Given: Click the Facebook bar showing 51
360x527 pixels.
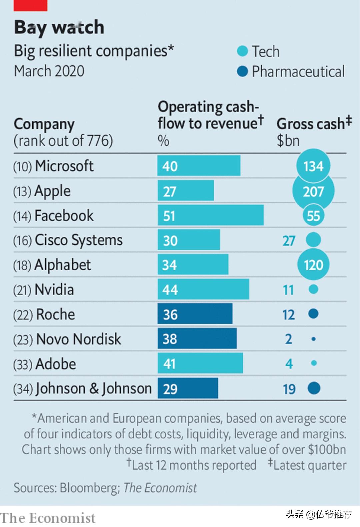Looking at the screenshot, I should [211, 215].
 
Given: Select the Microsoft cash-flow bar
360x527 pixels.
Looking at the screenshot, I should [199, 166].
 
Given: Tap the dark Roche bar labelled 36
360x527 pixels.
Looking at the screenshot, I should [195, 314].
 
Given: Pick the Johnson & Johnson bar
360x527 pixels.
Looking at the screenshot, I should [188, 388].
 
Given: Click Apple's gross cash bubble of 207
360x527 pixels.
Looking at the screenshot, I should [313, 191].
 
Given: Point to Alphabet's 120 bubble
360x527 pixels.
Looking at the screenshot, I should [313, 265].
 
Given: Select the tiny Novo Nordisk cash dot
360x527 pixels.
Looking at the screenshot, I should [313, 339].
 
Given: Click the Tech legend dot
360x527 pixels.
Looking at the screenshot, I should [242, 51].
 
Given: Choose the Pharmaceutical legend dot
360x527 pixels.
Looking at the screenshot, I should [242, 71].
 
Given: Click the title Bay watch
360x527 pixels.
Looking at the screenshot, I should [59, 27].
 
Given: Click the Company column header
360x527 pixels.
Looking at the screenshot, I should [44, 124].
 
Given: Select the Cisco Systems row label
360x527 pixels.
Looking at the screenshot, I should [79, 240].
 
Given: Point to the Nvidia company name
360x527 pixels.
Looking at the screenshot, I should [54, 289].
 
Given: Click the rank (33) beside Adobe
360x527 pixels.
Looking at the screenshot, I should [22, 364].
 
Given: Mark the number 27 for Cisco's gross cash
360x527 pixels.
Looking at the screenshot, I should [289, 241].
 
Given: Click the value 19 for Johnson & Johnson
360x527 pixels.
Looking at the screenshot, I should [289, 389].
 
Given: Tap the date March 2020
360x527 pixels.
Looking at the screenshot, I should [49, 71].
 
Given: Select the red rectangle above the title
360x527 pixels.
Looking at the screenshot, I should [30, 5].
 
